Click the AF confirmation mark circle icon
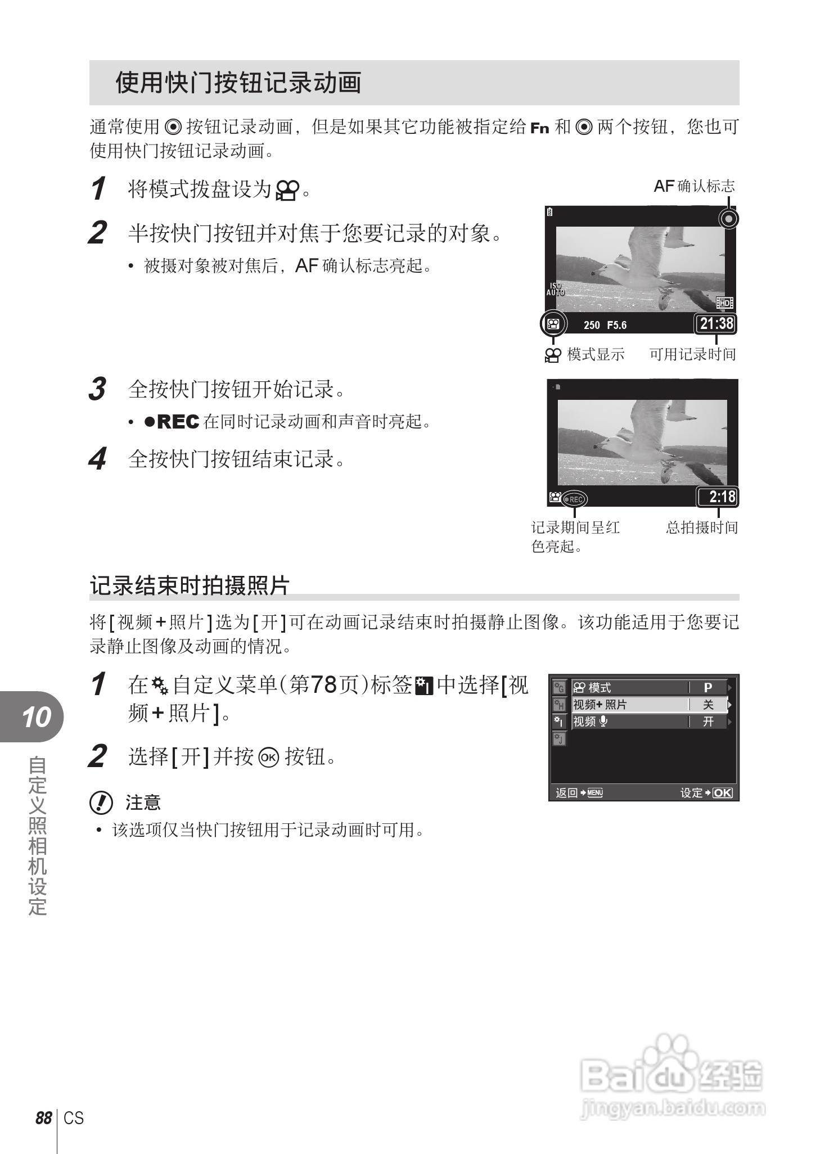coord(729,218)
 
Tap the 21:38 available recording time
coord(716,324)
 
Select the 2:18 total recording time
coord(718,497)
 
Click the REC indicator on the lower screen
coord(574,499)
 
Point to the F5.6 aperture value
coord(617,325)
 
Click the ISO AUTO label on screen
coord(556,290)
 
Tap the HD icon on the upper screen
coord(724,303)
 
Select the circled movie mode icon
coord(553,324)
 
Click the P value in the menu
coord(708,687)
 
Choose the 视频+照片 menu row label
coord(599,705)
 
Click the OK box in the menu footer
coord(723,792)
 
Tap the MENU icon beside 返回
coord(595,793)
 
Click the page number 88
coord(43,1118)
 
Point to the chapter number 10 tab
coord(36,718)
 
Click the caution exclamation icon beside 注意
coord(101,803)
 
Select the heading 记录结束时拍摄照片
coord(190,585)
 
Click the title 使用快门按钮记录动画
coord(238,83)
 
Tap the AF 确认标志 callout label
coord(694,186)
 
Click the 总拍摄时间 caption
coord(702,528)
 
